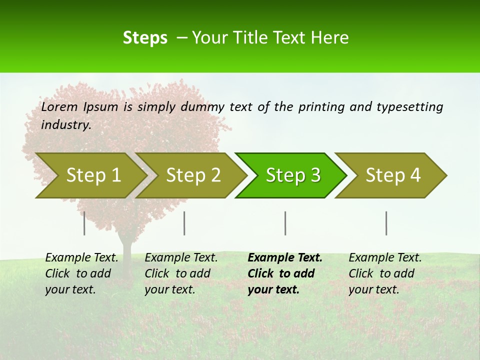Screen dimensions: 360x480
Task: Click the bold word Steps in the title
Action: click(145, 37)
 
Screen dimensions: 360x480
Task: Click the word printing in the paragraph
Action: click(320, 106)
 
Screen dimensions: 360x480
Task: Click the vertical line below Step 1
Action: click(84, 223)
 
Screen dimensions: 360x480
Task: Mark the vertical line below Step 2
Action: click(184, 223)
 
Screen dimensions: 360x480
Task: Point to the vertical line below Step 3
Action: click(285, 223)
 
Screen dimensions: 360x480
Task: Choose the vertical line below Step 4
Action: click(386, 223)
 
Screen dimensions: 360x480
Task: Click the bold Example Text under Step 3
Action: click(285, 258)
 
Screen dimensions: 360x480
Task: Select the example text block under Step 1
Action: click(81, 273)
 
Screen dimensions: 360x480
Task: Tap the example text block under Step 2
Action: click(181, 273)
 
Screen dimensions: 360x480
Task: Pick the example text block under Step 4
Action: click(385, 273)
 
